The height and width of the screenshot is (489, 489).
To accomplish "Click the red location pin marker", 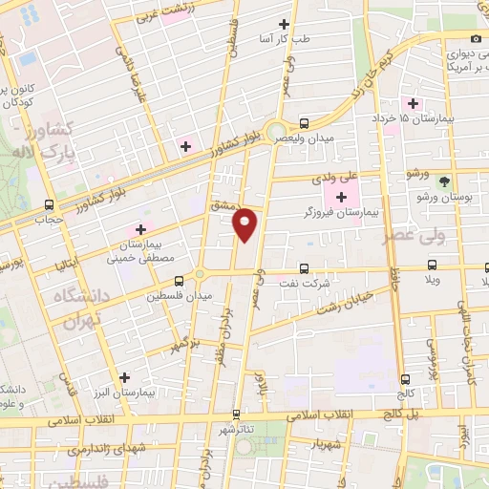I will (x=246, y=224).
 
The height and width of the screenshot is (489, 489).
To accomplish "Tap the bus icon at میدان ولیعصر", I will (x=304, y=123).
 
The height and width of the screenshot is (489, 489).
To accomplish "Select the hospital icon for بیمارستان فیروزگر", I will (x=340, y=197).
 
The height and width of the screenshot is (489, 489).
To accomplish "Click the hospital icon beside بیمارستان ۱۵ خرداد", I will (x=414, y=103).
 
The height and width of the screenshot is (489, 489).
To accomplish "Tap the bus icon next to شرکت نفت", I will (x=304, y=268).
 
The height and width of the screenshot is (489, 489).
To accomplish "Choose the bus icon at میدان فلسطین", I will (x=179, y=281).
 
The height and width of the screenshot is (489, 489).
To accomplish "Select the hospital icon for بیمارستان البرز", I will (x=124, y=377).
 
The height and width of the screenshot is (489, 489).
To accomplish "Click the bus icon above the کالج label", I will (x=406, y=378).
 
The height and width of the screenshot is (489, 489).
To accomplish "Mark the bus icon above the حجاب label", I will (x=49, y=203).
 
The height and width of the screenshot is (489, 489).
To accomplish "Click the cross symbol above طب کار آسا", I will (x=283, y=24).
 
